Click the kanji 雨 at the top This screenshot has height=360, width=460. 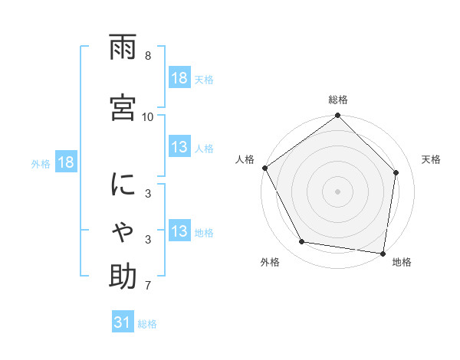tap(123, 48)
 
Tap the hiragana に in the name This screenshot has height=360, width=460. tap(123, 185)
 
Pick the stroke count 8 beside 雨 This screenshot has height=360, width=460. tap(148, 56)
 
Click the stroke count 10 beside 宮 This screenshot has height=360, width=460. tap(148, 116)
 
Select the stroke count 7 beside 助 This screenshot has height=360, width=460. tap(148, 286)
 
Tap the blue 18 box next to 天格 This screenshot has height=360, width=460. tap(179, 79)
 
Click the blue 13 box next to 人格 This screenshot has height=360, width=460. tap(179, 148)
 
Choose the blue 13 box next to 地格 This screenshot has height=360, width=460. tap(179, 232)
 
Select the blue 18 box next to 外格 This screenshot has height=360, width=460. tap(65, 163)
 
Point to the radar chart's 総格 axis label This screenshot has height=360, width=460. tap(338, 100)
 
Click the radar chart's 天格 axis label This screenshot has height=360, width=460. tap(432, 159)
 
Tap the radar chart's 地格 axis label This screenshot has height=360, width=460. tap(402, 263)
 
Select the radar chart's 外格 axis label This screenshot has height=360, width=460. tap(270, 263)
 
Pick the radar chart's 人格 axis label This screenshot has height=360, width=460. tap(245, 159)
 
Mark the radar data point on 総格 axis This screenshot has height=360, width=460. tap(338, 116)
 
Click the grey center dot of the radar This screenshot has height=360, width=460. tap(338, 191)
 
